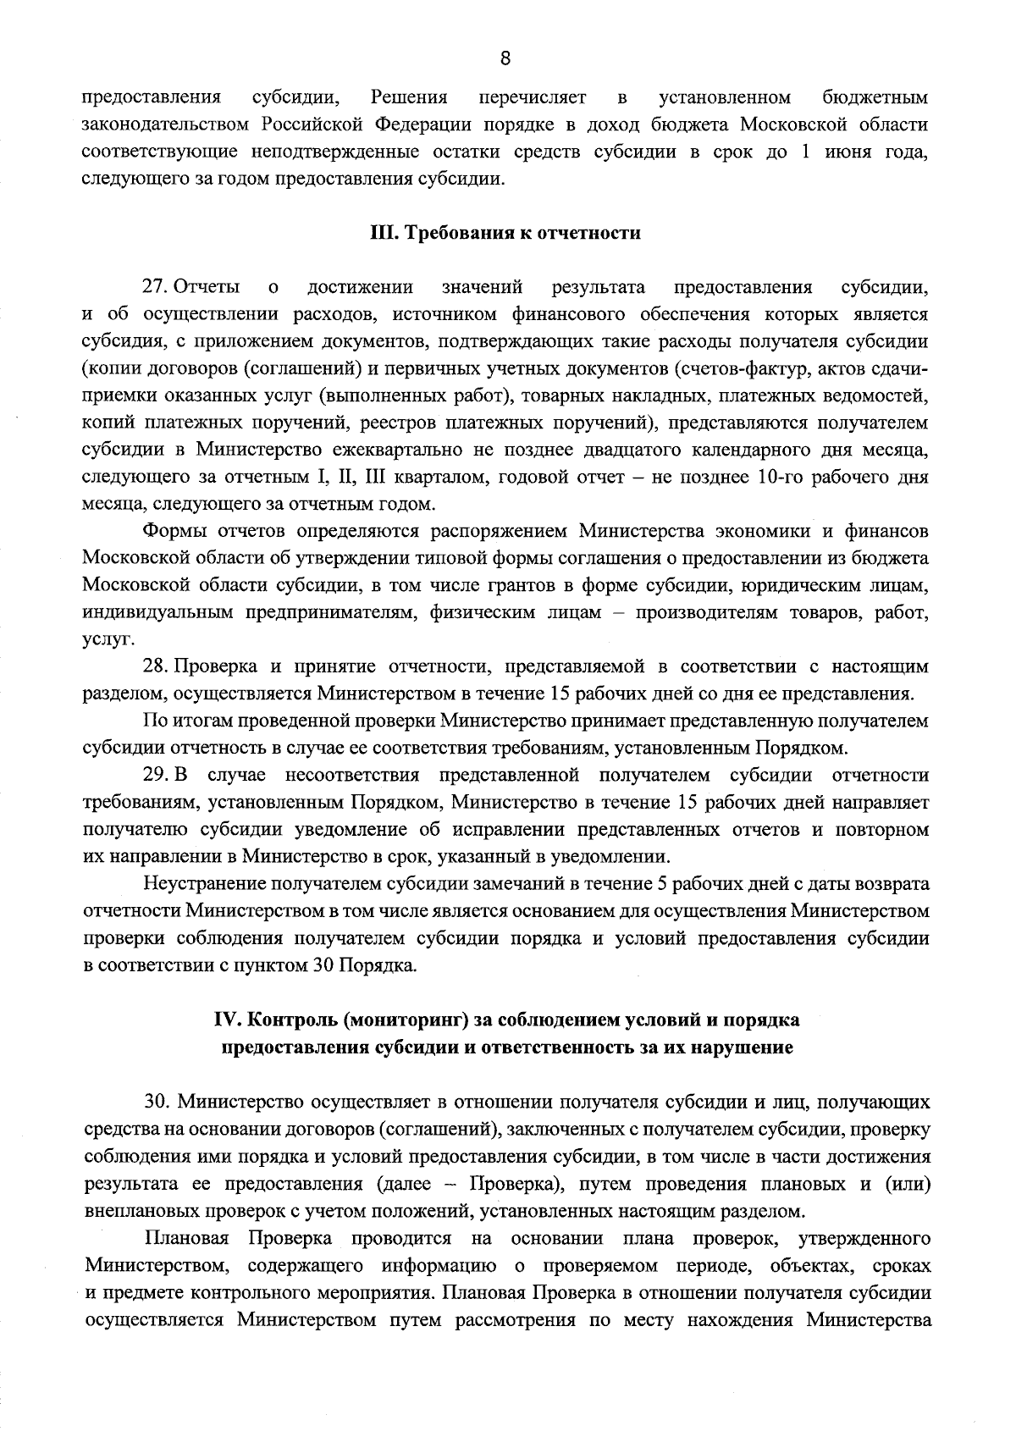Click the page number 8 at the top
click(x=505, y=58)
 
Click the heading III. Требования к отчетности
click(x=505, y=234)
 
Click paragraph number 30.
click(x=158, y=1103)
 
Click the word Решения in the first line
click(x=409, y=97)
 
